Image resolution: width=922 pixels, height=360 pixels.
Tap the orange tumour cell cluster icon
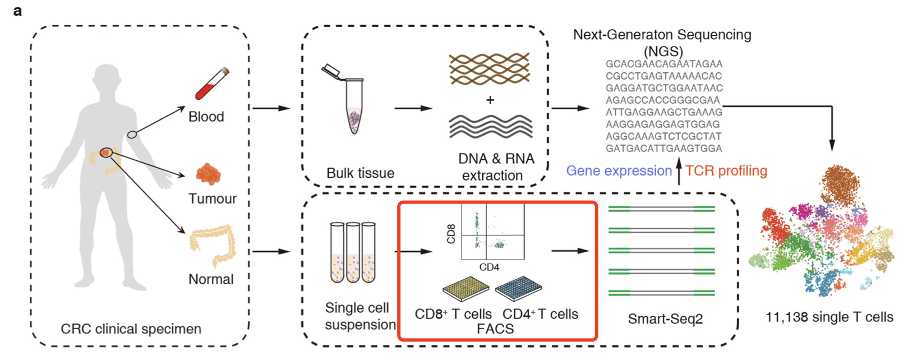tap(208, 174)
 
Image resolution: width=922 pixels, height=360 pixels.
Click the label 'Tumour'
tap(212, 199)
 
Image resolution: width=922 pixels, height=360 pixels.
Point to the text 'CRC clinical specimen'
tap(131, 329)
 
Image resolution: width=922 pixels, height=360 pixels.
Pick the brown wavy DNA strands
tap(490, 69)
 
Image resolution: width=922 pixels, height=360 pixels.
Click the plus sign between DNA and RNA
tap(490, 100)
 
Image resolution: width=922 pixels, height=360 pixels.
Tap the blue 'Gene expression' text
tap(619, 171)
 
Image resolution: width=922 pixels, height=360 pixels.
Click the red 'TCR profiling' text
tap(726, 171)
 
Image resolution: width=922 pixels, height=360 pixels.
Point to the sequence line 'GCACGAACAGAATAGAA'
tap(664, 64)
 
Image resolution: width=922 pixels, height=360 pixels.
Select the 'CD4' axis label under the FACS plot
tap(489, 267)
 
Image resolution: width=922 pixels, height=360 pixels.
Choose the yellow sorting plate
tap(466, 288)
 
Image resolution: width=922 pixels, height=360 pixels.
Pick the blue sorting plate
tap(519, 288)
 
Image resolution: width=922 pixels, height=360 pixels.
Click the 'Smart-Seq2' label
tap(665, 319)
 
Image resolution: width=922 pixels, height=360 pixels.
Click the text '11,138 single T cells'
tap(829, 317)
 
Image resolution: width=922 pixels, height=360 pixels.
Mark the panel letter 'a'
tap(17, 11)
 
